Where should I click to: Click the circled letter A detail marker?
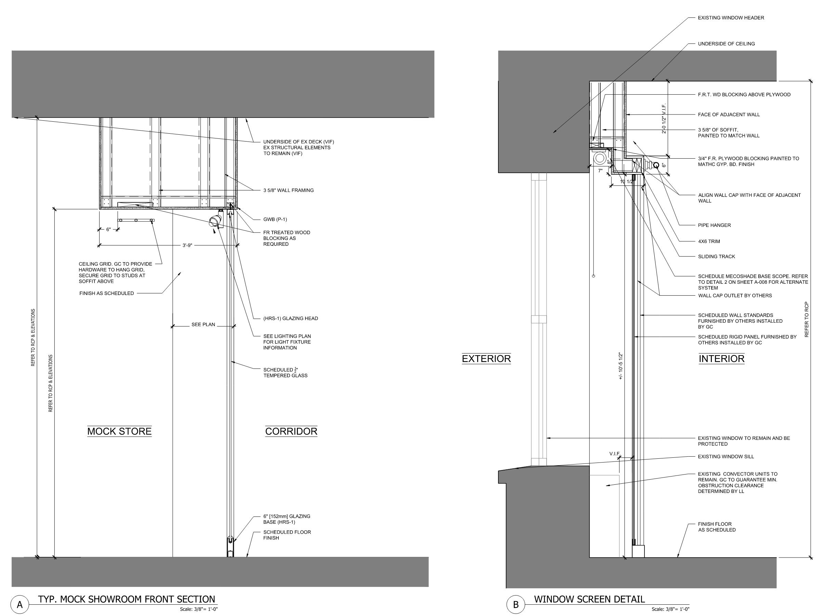coord(20,604)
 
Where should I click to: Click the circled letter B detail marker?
coord(516,604)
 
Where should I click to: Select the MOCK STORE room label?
coord(119,431)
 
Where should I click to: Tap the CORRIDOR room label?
coord(291,431)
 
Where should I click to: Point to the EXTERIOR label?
coord(486,359)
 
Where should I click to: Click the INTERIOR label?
coord(721,359)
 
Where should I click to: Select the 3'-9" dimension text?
coord(187,245)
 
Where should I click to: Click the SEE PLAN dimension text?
coord(203,324)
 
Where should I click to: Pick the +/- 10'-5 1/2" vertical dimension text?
coord(621,366)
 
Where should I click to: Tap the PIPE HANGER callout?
coord(714,225)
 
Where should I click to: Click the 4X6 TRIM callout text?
coord(709,241)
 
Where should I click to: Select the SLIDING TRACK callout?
coord(716,256)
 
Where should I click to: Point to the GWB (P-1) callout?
coord(275,219)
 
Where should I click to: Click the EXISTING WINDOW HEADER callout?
coord(731,17)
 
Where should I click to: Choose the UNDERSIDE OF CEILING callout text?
coord(726,44)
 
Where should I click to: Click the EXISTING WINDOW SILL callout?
coord(726,456)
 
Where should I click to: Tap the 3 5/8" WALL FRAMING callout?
coord(288,190)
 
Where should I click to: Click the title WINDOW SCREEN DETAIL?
coord(589,600)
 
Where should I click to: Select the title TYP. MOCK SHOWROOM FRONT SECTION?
coord(127,600)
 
